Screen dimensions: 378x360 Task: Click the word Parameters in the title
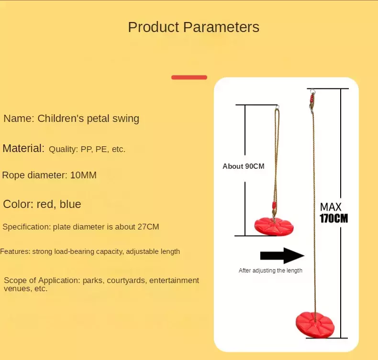pos(222,27)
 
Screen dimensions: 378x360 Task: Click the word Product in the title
pos(154,27)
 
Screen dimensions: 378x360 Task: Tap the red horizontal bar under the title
pos(189,77)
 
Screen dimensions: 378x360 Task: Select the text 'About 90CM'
pos(244,166)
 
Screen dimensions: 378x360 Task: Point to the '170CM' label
pos(334,218)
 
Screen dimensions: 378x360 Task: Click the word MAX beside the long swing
pos(331,207)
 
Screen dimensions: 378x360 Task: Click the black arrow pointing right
pos(282,255)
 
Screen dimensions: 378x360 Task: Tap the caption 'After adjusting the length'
pos(270,271)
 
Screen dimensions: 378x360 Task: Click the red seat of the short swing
pos(274,227)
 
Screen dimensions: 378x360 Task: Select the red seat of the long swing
pos(315,325)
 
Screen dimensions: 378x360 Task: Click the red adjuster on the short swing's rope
pos(274,206)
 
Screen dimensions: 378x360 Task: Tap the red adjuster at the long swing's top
pos(312,99)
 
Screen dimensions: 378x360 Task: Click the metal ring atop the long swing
pos(312,91)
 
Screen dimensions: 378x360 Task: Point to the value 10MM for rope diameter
pos(83,175)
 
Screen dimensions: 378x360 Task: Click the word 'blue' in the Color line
pos(70,204)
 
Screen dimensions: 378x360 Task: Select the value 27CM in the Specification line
pos(148,227)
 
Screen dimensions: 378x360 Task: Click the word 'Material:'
pos(23,148)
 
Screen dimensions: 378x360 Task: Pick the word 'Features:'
pos(15,251)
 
